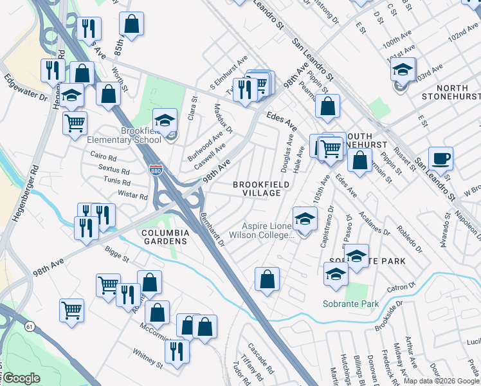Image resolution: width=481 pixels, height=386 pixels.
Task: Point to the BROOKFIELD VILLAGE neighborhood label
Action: pyautogui.click(x=257, y=188)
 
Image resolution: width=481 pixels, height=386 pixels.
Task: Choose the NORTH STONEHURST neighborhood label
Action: pyautogui.click(x=450, y=92)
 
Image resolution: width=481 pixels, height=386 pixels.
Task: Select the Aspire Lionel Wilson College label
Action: pyautogui.click(x=268, y=230)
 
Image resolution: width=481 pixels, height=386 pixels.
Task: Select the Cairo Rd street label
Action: pyautogui.click(x=103, y=157)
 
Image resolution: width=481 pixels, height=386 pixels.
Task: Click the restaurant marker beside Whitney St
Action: pyautogui.click(x=176, y=351)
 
